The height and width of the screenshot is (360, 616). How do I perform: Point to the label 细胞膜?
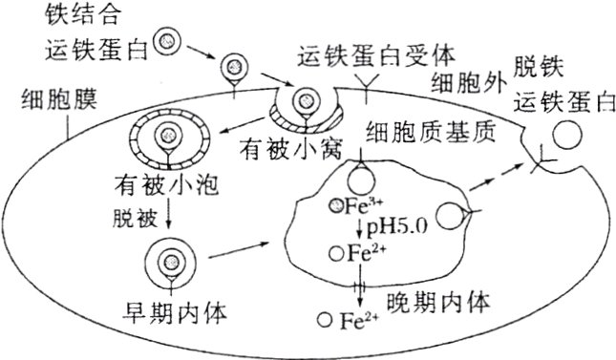click(43, 97)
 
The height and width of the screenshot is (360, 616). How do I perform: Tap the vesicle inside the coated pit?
click(307, 98)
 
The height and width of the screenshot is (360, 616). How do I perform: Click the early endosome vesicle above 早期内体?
click(171, 259)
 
